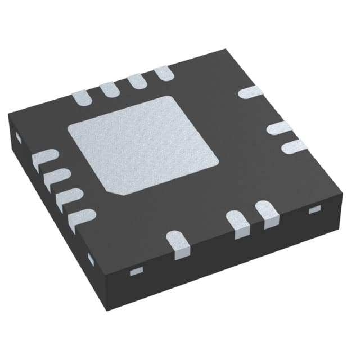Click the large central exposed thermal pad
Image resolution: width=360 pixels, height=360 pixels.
[x=143, y=143]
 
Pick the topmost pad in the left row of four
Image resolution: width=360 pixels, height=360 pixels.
[x=44, y=159]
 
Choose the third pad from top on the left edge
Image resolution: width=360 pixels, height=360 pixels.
[x=69, y=197]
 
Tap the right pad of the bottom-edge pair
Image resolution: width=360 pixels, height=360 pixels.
[x=267, y=212]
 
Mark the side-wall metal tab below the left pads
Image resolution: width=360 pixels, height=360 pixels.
[x=91, y=259]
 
